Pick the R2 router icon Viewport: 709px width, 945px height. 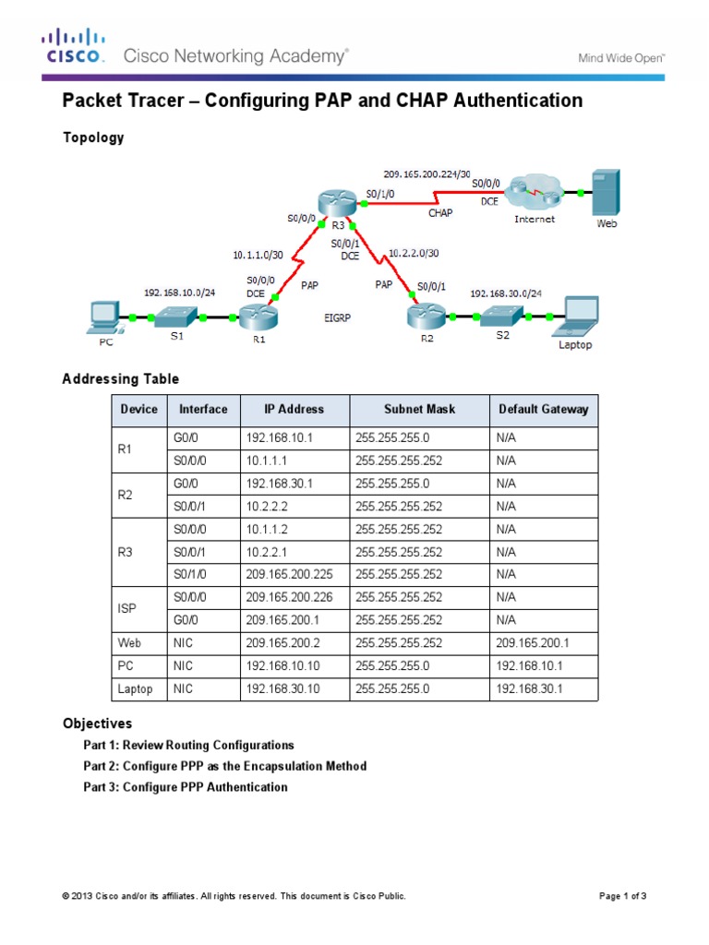coord(426,317)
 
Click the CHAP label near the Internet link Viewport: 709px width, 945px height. coord(440,212)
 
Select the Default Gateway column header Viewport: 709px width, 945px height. coord(543,410)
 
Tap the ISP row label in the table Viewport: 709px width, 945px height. coord(127,607)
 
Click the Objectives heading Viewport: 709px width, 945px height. coord(97,723)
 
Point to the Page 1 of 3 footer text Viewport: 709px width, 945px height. coord(623,896)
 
